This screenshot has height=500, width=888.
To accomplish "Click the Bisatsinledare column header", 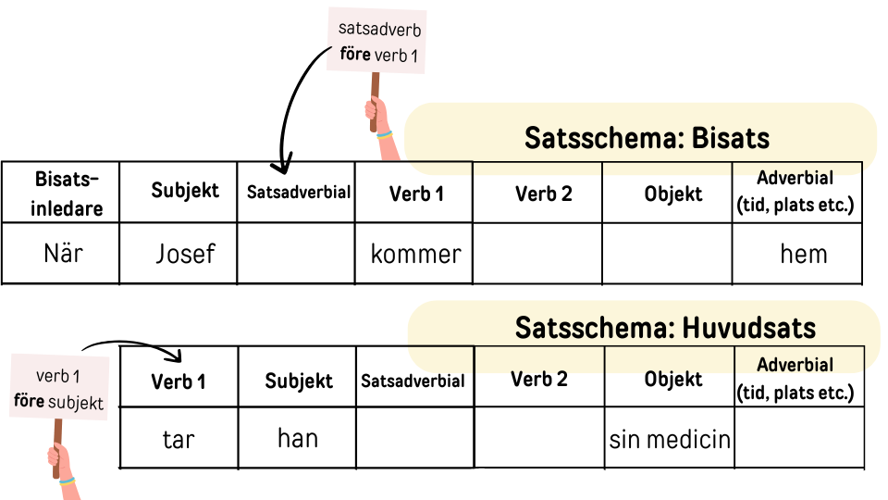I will [x=64, y=194].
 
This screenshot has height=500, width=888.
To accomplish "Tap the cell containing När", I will [x=64, y=253].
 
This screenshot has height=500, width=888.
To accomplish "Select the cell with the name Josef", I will [x=185, y=254].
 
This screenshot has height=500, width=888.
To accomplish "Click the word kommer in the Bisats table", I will [x=415, y=254].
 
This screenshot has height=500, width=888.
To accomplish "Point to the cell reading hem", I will [x=803, y=254].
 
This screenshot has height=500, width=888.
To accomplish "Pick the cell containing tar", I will [x=178, y=439].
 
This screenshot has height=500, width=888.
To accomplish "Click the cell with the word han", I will [x=298, y=437].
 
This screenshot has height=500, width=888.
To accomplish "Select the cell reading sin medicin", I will [x=670, y=439].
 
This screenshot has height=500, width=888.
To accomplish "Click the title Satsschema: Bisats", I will [x=647, y=138].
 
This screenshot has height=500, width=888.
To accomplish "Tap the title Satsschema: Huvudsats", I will [x=665, y=328].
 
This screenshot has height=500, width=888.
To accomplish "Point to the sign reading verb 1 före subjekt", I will [x=56, y=389].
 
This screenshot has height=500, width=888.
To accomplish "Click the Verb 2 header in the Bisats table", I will [x=543, y=194].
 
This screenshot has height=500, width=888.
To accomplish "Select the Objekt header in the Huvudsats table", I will [x=672, y=379].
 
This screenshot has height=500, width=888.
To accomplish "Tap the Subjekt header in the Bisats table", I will [x=185, y=190].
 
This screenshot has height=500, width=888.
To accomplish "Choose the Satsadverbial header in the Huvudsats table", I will [x=413, y=381].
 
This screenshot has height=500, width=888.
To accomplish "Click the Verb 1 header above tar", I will [x=178, y=381].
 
